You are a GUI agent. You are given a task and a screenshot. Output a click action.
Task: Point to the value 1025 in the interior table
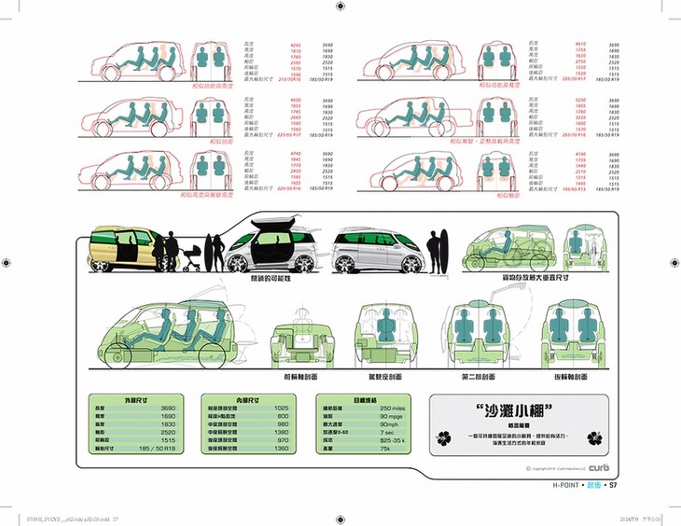(282, 408)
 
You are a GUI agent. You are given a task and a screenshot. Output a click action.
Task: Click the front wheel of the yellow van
(101, 263)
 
